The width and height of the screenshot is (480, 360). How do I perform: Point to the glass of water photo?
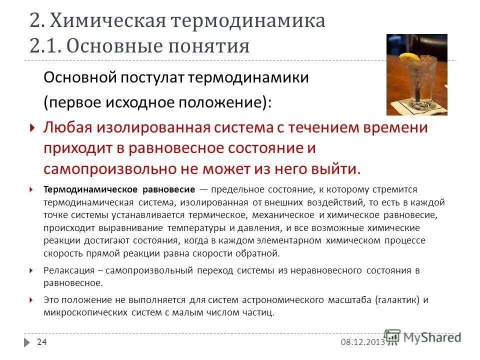tap(416, 75)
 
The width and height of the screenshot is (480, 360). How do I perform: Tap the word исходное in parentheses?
tap(156, 103)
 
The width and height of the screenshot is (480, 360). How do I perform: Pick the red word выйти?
tap(337, 168)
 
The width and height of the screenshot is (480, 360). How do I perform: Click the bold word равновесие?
tap(168, 190)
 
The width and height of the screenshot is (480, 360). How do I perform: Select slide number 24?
tap(42, 342)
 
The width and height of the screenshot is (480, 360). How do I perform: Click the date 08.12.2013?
tap(362, 342)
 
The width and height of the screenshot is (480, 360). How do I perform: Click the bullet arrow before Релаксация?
tap(31, 270)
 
